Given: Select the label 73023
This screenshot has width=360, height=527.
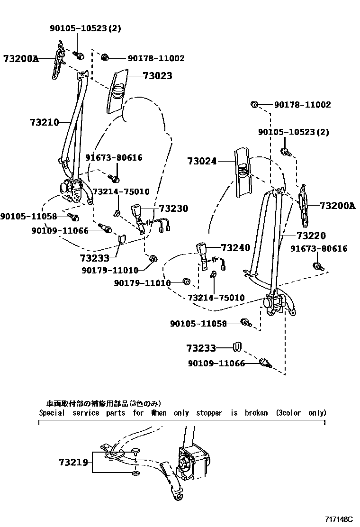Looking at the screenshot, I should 158,76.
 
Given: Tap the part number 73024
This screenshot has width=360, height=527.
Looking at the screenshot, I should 201,161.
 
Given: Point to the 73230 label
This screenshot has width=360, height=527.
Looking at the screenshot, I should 173,208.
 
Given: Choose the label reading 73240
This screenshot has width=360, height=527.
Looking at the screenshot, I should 235,248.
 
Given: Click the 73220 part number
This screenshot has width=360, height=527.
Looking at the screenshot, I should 312,236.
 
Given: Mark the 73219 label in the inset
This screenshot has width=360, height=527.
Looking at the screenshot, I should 73,462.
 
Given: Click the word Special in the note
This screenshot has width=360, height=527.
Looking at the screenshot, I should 52,413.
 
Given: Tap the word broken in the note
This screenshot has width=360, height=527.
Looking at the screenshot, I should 256,413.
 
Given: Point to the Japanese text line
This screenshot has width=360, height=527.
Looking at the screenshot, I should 103,404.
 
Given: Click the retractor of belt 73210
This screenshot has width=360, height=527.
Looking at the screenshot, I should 71,188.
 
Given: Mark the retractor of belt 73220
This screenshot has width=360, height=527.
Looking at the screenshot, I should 273,303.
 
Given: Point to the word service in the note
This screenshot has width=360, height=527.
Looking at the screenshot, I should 86,413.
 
